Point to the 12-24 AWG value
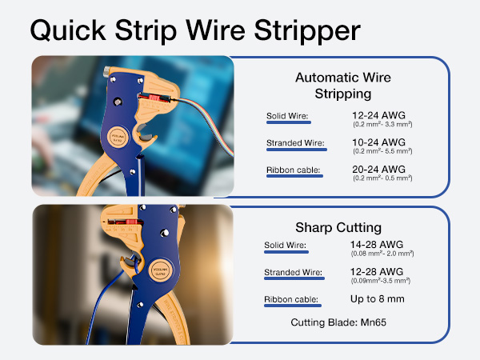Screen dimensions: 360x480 (379, 115)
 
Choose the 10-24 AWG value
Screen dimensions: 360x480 (379, 142)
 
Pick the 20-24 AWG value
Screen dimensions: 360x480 (379, 169)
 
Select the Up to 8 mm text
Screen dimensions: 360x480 (378, 299)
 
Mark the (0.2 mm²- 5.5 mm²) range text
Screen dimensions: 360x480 (382, 151)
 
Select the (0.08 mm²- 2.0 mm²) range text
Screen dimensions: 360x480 (382, 253)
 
